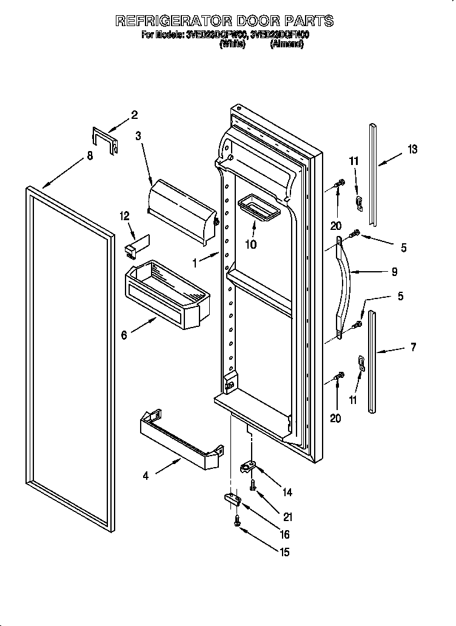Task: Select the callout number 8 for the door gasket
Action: (x=90, y=155)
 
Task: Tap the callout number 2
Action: (x=134, y=115)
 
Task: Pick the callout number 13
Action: (x=412, y=149)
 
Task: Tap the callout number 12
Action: (x=125, y=215)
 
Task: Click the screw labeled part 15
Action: (x=238, y=520)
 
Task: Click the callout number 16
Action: (x=284, y=534)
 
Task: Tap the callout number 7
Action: (x=413, y=348)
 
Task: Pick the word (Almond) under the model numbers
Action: (x=287, y=44)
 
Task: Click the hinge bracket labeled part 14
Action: (x=250, y=466)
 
